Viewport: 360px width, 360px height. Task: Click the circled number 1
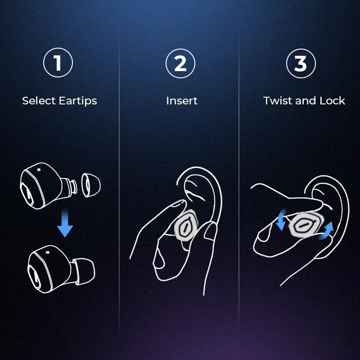58,63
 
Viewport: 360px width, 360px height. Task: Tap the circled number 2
180,63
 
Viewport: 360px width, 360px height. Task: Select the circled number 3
301,63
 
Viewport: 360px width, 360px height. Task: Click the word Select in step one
39,100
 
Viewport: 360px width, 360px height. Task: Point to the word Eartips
78,101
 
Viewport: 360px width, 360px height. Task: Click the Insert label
182,100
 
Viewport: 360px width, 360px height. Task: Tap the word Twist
278,100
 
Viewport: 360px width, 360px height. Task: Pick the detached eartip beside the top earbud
91,185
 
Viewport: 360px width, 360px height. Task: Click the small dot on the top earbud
39,170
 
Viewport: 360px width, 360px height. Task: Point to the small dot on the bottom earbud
48,252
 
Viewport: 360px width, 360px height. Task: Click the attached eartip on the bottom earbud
84,272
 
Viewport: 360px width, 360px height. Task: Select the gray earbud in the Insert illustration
186,225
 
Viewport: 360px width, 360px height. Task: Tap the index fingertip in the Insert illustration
180,203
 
